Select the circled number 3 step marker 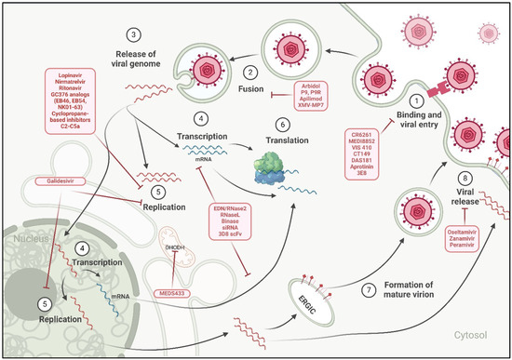pos(136,34)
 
